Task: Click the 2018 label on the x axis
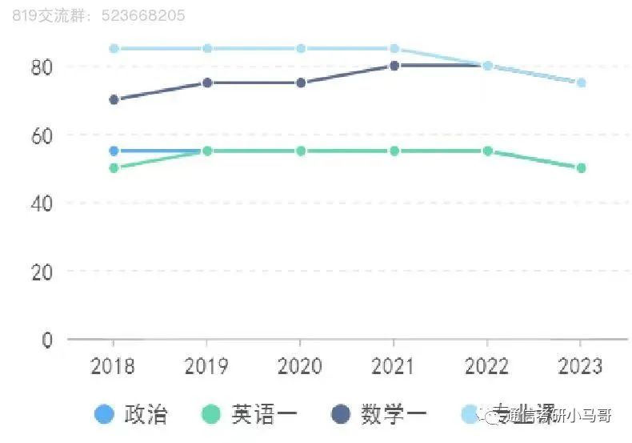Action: coord(113,367)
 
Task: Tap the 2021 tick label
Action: coord(394,367)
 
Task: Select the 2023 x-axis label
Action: coord(581,367)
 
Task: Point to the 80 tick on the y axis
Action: coord(42,66)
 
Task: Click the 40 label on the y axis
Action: coord(42,203)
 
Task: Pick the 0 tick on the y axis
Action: coord(47,340)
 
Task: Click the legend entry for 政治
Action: coord(131,414)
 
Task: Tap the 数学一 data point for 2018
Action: coord(114,99)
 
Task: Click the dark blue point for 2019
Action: coord(207,83)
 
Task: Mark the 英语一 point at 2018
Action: coord(114,167)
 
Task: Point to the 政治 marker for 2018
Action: coord(114,151)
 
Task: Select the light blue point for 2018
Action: coord(114,48)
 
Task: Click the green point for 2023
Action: coord(582,167)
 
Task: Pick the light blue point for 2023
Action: coord(582,83)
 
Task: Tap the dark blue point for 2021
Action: coord(394,66)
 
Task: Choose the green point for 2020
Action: coord(301,151)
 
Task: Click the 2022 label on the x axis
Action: coord(487,367)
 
